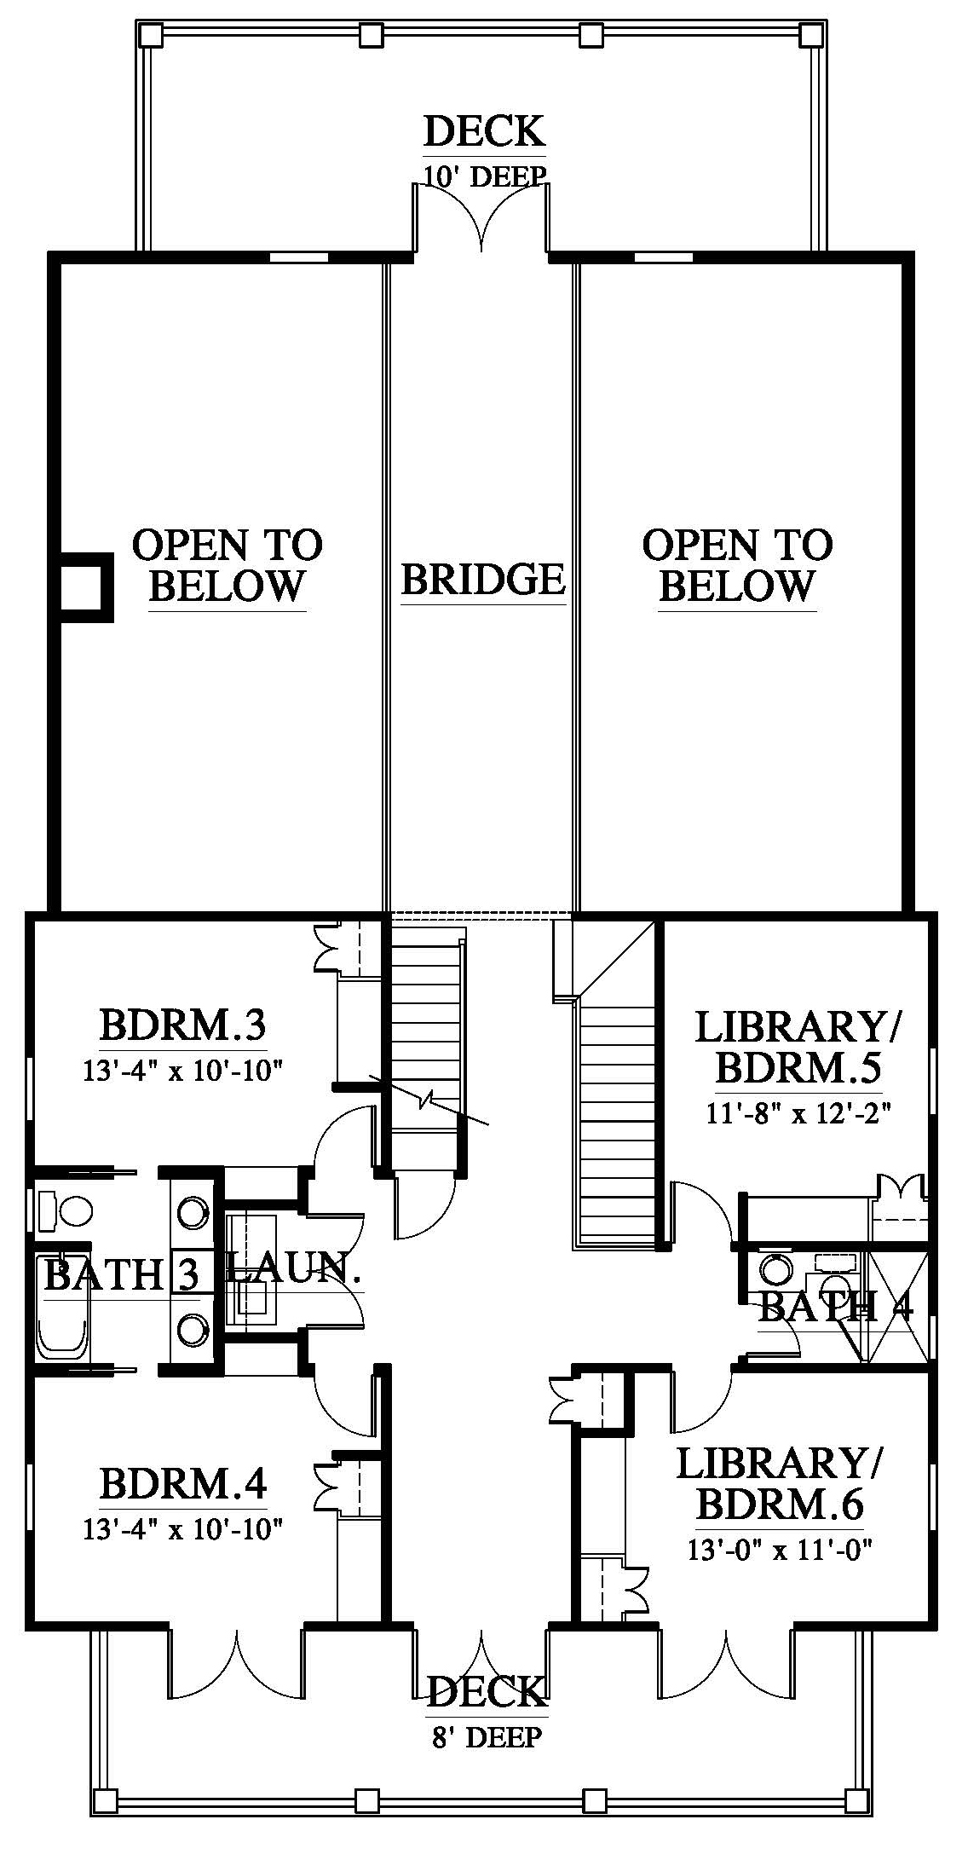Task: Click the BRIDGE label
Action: coord(483,580)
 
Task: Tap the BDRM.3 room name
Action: coord(183,1025)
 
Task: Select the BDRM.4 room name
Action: coord(183,1482)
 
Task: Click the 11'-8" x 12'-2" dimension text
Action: coord(799,1112)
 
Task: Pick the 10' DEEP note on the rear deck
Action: coord(484,176)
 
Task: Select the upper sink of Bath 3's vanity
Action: coord(193,1210)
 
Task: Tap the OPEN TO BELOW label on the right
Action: coord(737,565)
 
